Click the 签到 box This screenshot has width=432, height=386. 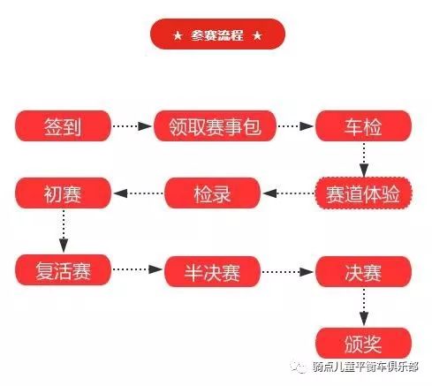pyautogui.click(x=63, y=126)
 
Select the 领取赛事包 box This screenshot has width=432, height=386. pyautogui.click(x=215, y=126)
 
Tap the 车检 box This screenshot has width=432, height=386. pyautogui.click(x=363, y=126)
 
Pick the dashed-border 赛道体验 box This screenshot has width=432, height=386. pyautogui.click(x=363, y=193)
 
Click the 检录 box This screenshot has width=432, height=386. pyautogui.click(x=212, y=193)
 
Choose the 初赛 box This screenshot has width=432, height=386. pyautogui.click(x=63, y=193)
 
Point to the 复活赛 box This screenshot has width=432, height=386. pyautogui.click(x=63, y=270)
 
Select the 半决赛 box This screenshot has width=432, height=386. pyautogui.click(x=212, y=271)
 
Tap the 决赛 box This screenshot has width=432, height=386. pyautogui.click(x=363, y=271)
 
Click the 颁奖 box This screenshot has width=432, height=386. pyautogui.click(x=363, y=343)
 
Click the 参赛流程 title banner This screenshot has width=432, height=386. pyautogui.click(x=217, y=34)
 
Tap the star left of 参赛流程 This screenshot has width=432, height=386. pyautogui.click(x=178, y=36)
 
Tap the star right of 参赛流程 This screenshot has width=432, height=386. pyautogui.click(x=257, y=36)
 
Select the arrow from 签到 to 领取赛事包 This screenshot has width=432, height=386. pyautogui.click(x=133, y=126)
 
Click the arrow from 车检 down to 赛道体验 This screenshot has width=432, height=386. pyautogui.click(x=364, y=160)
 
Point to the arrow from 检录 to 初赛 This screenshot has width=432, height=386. pyautogui.click(x=138, y=193)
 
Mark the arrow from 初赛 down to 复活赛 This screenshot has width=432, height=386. pyautogui.click(x=64, y=231)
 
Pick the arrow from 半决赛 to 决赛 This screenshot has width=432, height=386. pyautogui.click(x=288, y=271)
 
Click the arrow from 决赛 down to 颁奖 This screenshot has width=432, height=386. pyautogui.click(x=364, y=307)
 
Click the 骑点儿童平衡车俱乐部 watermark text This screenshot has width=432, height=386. pyautogui.click(x=365, y=367)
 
